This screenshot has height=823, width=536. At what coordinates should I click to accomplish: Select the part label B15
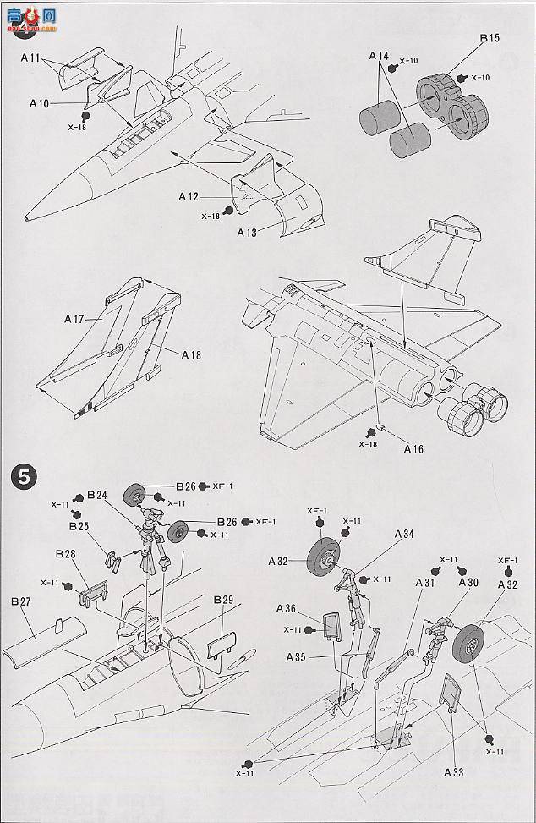[x=490, y=39]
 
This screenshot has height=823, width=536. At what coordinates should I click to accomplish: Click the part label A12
[x=189, y=196]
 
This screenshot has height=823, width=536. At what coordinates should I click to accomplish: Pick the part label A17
[x=75, y=320]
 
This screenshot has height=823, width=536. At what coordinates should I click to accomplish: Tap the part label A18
[x=190, y=355]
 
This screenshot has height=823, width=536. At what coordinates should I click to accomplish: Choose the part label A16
[x=413, y=449]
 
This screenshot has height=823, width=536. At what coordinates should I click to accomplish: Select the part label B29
[x=223, y=600]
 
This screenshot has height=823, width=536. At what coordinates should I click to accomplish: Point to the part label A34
[x=404, y=534]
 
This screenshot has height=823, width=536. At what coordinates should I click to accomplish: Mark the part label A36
[x=286, y=609]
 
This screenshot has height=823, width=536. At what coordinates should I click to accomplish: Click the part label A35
[x=296, y=657]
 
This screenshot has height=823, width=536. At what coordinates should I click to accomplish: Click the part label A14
[x=379, y=56]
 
